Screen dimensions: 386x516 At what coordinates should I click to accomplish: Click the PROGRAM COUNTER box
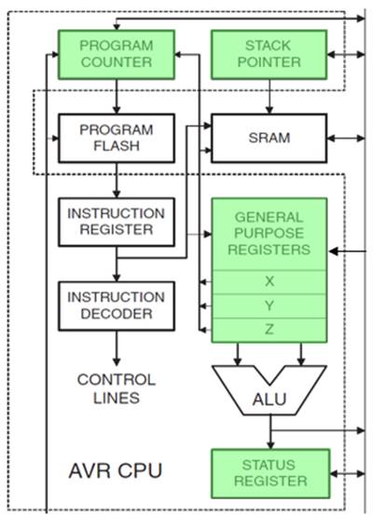pyautogui.click(x=117, y=55)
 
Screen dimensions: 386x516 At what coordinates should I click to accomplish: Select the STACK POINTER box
pyautogui.click(x=269, y=55)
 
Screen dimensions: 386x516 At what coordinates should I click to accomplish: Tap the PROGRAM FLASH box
pyautogui.click(x=117, y=138)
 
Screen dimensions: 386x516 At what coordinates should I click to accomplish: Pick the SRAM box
pyautogui.click(x=269, y=138)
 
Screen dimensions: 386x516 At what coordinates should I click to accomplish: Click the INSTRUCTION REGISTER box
pyautogui.click(x=117, y=222)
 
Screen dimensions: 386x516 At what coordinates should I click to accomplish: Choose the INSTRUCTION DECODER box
pyautogui.click(x=117, y=306)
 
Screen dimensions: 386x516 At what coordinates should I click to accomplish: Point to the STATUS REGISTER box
pyautogui.click(x=270, y=473)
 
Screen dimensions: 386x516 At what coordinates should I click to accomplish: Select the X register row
pyautogui.click(x=269, y=282)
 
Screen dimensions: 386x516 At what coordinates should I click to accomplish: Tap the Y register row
pyautogui.click(x=269, y=306)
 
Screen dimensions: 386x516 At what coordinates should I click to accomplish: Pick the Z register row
pyautogui.click(x=269, y=330)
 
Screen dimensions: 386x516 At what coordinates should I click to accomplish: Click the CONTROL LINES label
pyautogui.click(x=117, y=388)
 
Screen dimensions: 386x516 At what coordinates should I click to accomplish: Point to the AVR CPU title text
pyautogui.click(x=116, y=470)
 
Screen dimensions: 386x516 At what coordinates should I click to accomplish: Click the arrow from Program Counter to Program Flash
pyautogui.click(x=117, y=97)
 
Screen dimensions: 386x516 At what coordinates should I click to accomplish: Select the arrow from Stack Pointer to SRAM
pyautogui.click(x=269, y=97)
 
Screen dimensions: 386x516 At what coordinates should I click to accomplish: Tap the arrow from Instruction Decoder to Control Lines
pyautogui.click(x=117, y=348)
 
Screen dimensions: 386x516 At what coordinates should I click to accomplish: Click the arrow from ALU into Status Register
pyautogui.click(x=270, y=432)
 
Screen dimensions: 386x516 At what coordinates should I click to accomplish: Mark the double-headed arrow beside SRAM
pyautogui.click(x=346, y=138)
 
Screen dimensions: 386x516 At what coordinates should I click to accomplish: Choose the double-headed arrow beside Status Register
pyautogui.click(x=348, y=473)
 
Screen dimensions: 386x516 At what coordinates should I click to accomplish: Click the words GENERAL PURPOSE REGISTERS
pyautogui.click(x=269, y=233)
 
